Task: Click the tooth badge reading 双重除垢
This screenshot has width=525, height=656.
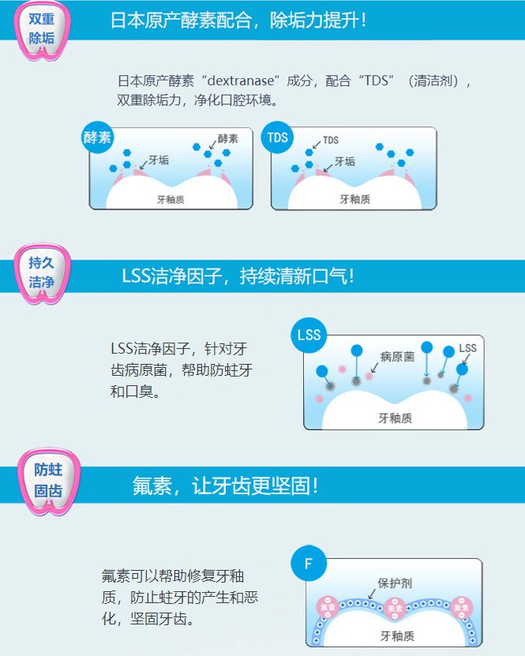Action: (42, 30)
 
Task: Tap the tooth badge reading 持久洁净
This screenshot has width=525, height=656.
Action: (42, 274)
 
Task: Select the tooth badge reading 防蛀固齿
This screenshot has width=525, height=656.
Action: (48, 481)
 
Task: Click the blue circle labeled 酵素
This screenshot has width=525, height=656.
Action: (97, 137)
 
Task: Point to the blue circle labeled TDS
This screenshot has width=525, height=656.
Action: (277, 137)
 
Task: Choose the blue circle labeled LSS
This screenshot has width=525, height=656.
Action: (309, 335)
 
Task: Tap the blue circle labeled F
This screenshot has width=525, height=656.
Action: (309, 563)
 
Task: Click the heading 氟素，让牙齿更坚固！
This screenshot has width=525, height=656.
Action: (226, 485)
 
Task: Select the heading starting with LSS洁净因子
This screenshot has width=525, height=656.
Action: (238, 276)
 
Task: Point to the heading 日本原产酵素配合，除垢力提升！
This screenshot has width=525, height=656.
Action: (238, 20)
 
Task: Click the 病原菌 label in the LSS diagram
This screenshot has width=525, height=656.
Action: (397, 357)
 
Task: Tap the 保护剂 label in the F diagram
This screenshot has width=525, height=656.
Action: (395, 583)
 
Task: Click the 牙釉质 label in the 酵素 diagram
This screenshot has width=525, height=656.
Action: (171, 200)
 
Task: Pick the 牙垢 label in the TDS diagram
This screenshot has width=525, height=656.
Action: (345, 162)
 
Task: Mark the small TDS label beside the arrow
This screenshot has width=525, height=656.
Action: (331, 141)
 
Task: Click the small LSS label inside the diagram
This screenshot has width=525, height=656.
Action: (467, 348)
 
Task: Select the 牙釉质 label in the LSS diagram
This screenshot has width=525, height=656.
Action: (396, 418)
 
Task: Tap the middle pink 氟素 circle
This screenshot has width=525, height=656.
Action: (395, 608)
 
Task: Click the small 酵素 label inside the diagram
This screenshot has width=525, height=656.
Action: (227, 139)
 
